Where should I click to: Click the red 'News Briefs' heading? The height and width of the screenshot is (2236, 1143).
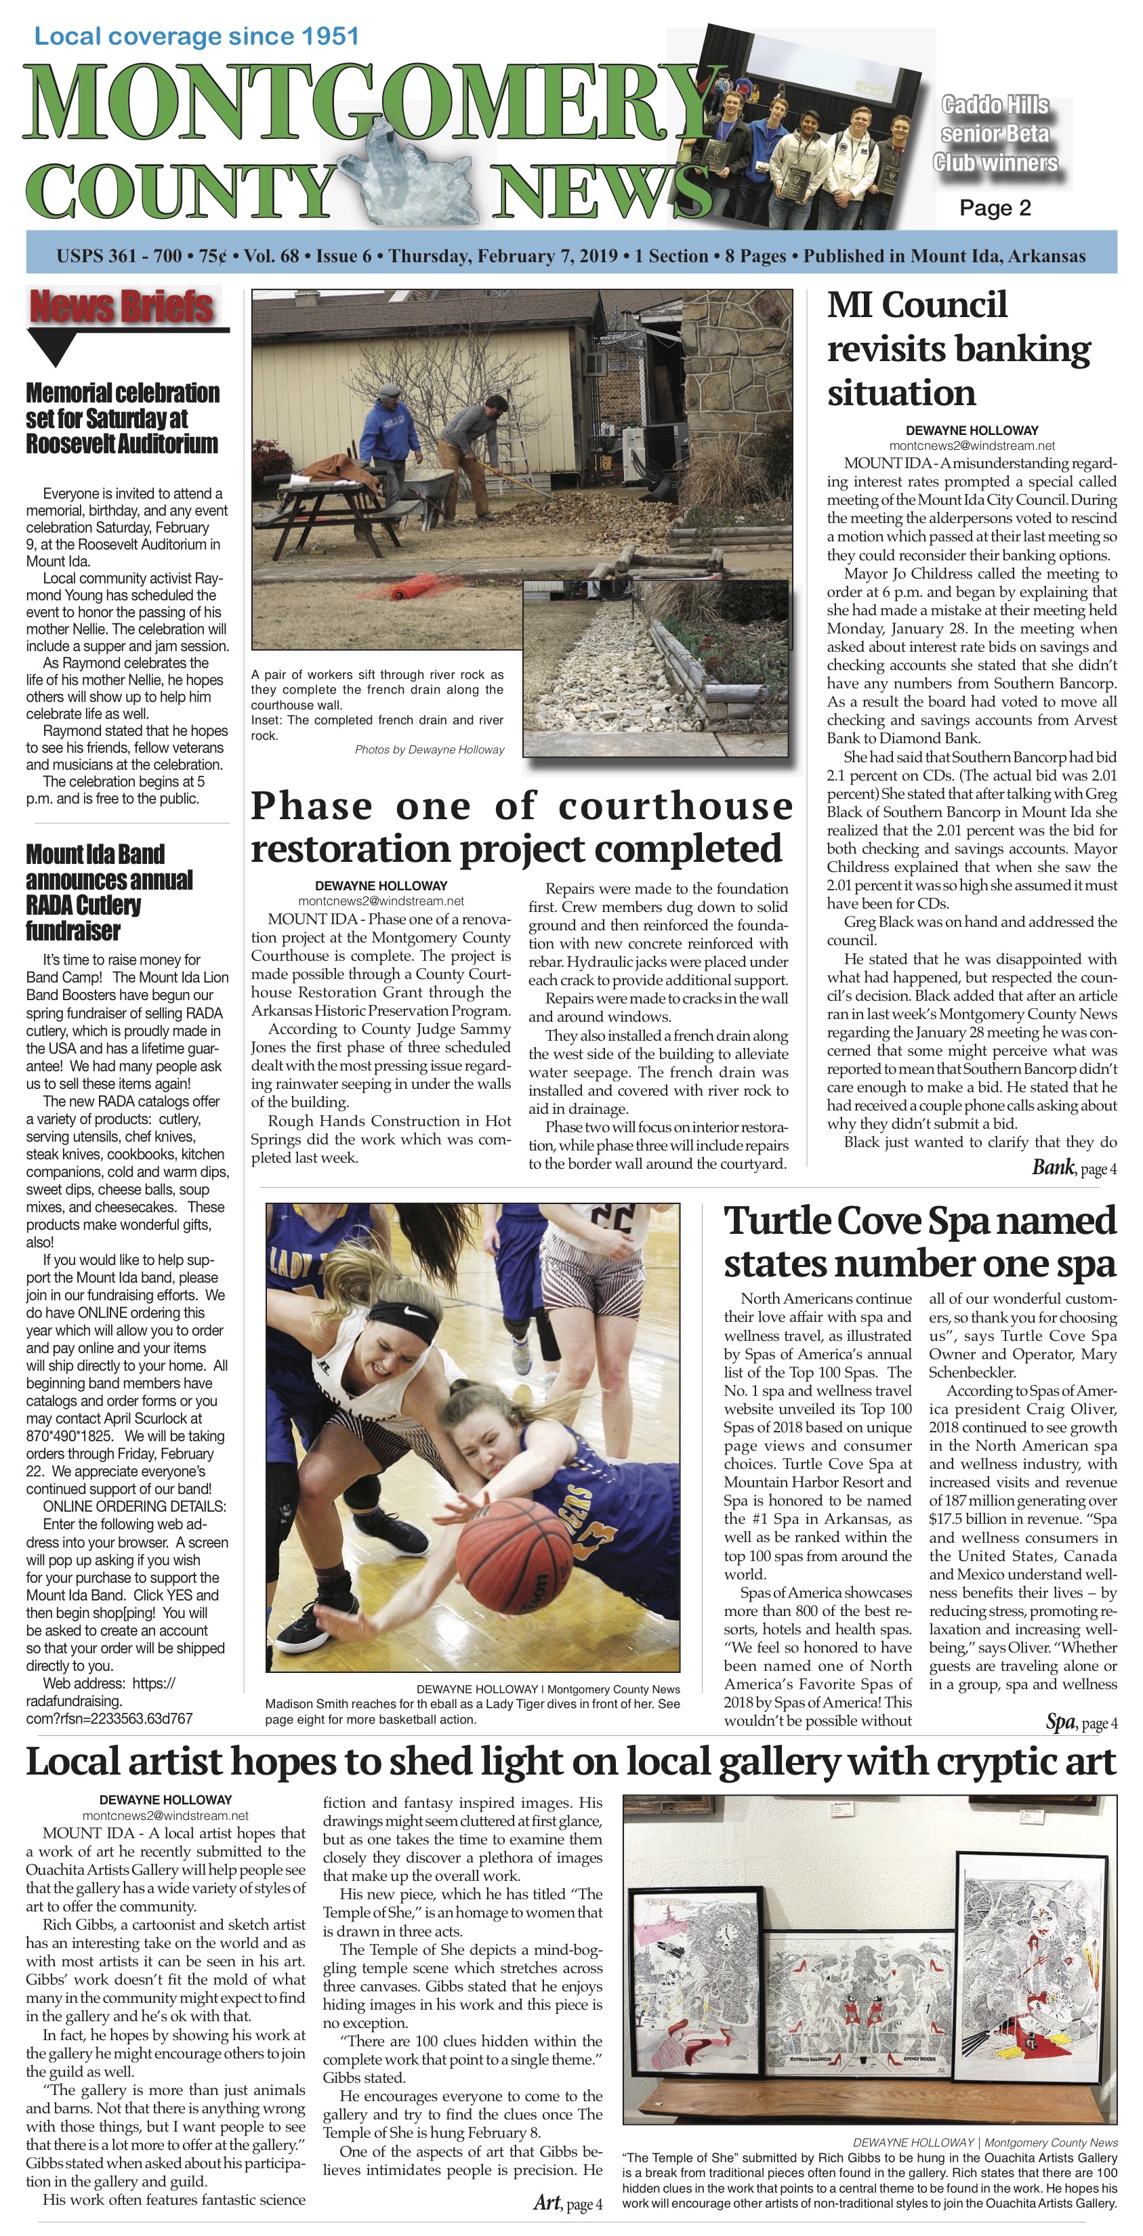tap(121, 307)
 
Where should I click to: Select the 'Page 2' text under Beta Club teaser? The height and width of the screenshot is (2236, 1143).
tap(995, 208)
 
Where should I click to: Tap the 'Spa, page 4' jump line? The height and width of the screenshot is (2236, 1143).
tap(1081, 1722)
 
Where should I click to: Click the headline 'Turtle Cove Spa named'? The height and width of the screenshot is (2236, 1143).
tap(919, 1220)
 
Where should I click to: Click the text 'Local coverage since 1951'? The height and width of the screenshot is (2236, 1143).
tap(196, 37)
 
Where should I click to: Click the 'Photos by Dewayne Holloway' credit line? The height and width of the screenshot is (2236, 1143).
tap(429, 750)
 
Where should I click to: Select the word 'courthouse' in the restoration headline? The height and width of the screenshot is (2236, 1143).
tap(676, 806)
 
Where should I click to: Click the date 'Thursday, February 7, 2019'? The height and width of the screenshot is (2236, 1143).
tap(503, 256)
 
